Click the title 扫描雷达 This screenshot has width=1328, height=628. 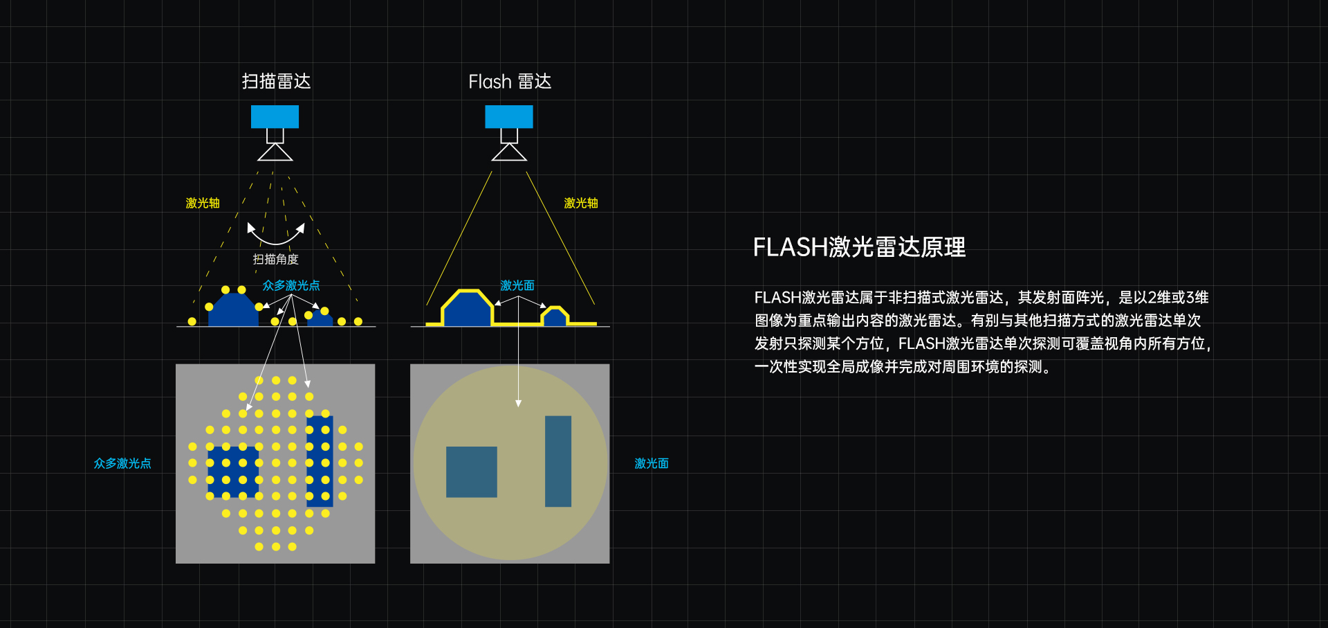coord(276,82)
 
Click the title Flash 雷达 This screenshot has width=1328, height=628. coord(510,82)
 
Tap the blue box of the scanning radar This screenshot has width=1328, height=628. coord(275,116)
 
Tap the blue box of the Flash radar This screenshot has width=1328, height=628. coord(509,116)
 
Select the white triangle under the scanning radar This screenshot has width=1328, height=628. coord(275,153)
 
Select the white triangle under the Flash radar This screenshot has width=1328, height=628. coord(509,153)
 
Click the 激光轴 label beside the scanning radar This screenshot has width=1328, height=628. coord(203,203)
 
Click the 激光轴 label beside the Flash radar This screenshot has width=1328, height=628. coord(581,203)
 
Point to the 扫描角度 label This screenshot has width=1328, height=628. coord(276,259)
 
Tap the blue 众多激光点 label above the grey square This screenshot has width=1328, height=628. coord(291,285)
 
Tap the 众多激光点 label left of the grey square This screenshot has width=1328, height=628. coord(122,463)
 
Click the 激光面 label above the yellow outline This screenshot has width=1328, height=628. coord(517,285)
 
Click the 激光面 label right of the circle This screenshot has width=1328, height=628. coord(652,463)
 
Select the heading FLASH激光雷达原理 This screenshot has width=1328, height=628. coord(859,247)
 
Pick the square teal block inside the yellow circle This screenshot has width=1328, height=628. coord(472,472)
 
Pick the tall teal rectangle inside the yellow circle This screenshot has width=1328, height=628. coord(558,461)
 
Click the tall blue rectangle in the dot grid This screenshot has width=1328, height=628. coord(320,461)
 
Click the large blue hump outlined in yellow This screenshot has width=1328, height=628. coord(468,309)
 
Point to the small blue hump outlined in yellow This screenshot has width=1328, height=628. coord(555,316)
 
